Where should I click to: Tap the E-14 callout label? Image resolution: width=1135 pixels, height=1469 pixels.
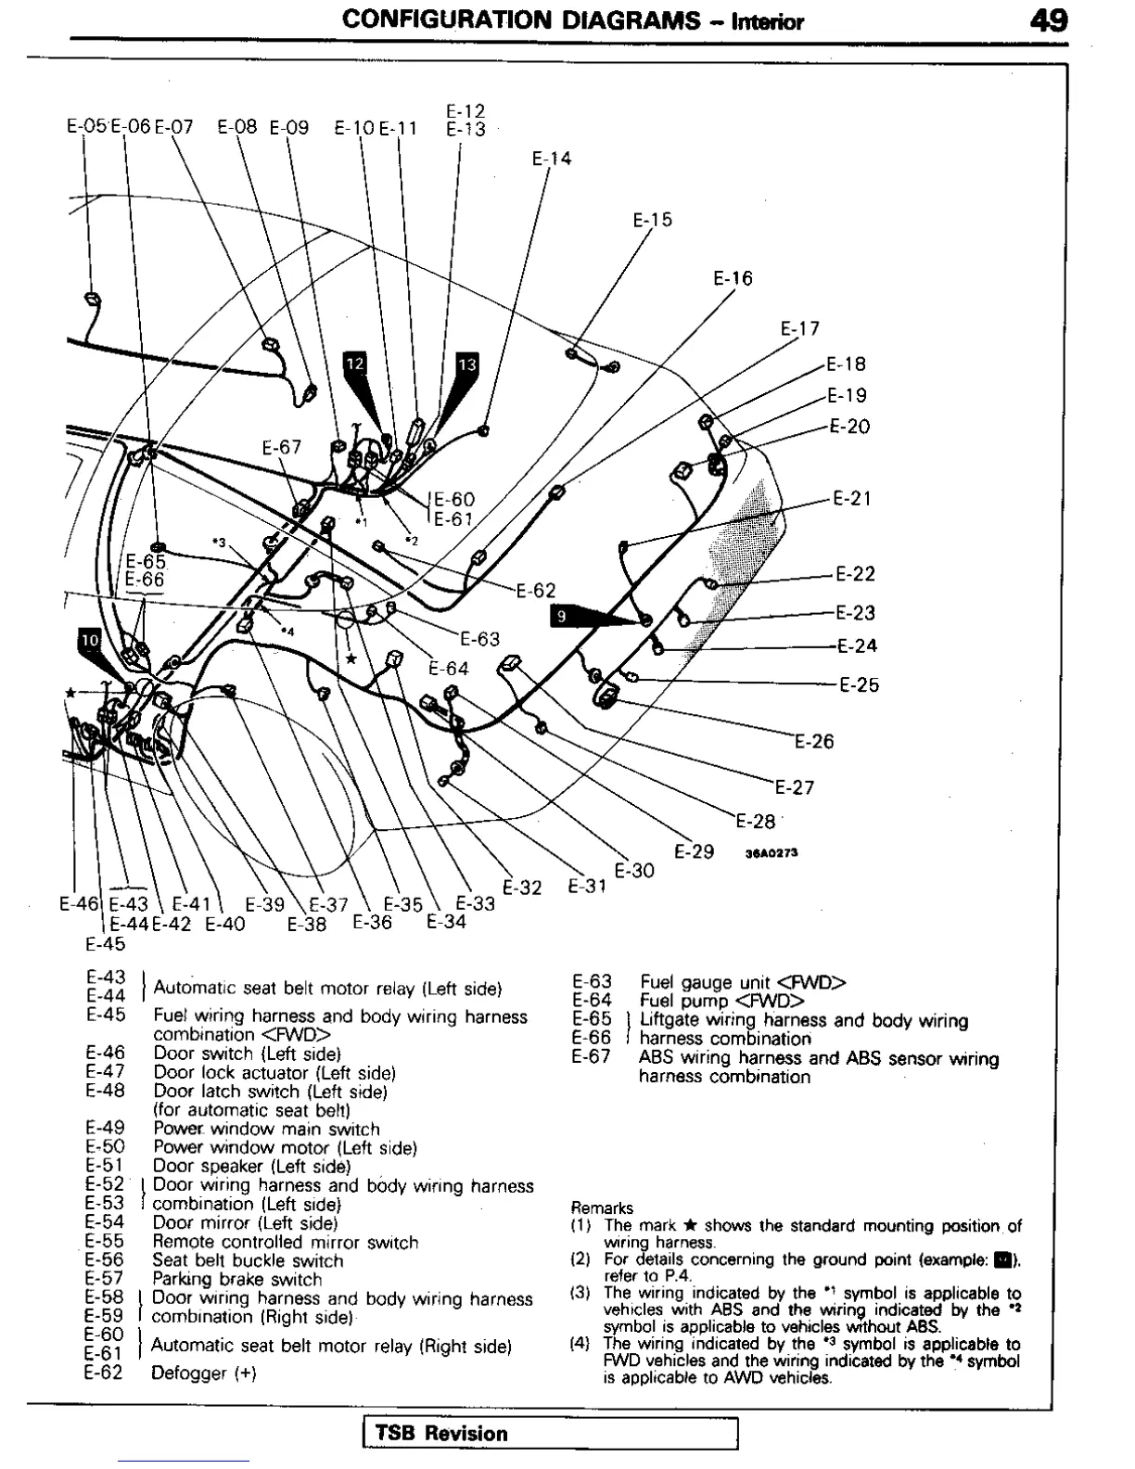552,159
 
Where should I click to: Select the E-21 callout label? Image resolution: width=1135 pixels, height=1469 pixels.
852,499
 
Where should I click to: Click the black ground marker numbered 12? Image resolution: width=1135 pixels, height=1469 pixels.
355,364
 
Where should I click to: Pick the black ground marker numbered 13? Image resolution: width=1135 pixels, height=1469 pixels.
467,364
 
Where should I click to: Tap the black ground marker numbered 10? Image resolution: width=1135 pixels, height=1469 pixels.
89,640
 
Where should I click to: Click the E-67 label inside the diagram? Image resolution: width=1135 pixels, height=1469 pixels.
282,447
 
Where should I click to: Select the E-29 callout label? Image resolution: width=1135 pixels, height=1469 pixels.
694,851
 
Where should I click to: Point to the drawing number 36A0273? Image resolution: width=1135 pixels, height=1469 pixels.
772,853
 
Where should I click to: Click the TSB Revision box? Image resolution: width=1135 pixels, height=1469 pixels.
551,1433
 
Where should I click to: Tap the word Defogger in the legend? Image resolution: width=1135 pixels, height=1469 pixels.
188,1373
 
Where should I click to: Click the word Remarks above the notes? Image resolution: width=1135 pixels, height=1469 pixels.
602,1208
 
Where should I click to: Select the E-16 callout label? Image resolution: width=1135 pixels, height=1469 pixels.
733,278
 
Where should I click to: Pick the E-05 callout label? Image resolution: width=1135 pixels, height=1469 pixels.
87,127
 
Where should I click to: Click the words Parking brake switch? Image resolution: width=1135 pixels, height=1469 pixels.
236,1280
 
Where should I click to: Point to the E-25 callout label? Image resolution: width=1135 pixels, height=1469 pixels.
859,685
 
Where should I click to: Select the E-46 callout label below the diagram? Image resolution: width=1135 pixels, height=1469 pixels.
79,903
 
